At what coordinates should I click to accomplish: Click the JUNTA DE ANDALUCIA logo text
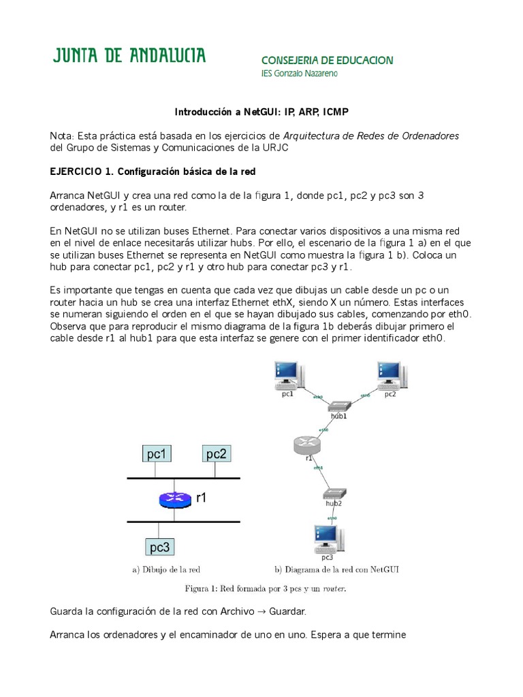[x=129, y=56]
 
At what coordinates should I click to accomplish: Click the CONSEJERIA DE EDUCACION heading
[x=327, y=61]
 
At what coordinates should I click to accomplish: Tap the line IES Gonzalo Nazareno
[x=299, y=74]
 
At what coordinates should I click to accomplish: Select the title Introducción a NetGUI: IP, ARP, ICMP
[x=261, y=111]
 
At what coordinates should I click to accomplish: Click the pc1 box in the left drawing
[x=157, y=454]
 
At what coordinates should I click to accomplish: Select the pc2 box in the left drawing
[x=216, y=454]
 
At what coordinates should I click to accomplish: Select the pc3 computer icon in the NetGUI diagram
[x=326, y=538]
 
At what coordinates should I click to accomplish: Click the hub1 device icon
[x=338, y=406]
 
